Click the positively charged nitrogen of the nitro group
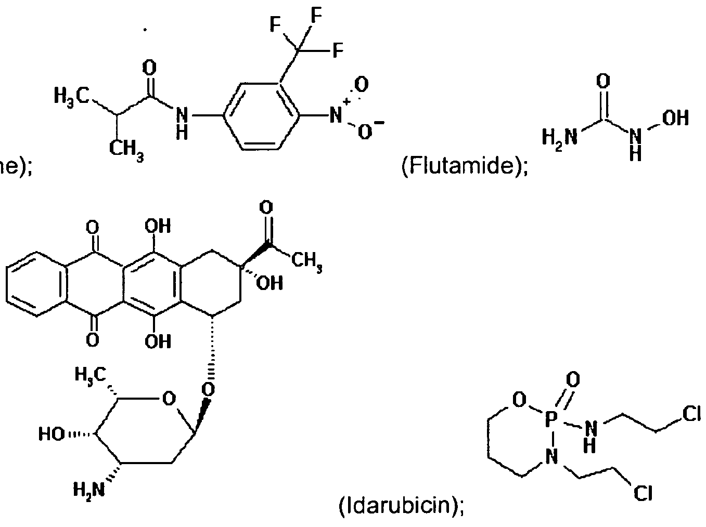pos(336,115)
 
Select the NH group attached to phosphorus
pos(589,432)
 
